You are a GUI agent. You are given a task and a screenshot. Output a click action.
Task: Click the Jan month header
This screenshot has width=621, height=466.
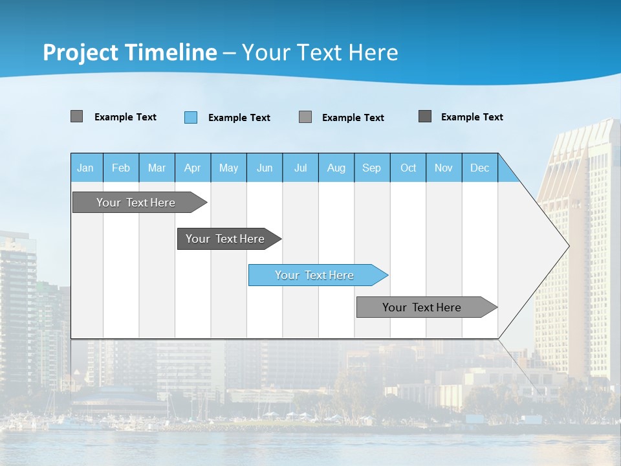click(86, 168)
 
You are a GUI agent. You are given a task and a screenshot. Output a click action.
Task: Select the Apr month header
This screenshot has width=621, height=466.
click(193, 168)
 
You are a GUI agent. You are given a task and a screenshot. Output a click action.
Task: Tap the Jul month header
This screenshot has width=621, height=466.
click(301, 168)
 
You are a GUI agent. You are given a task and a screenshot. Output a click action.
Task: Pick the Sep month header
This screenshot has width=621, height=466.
click(372, 168)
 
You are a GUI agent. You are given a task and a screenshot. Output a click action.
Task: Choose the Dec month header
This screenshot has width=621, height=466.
click(480, 168)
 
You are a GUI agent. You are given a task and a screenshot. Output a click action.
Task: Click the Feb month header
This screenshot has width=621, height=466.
click(121, 168)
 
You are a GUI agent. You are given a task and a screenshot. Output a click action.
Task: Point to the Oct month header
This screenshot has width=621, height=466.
click(408, 168)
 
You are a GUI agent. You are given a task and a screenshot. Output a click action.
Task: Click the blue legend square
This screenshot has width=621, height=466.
click(191, 117)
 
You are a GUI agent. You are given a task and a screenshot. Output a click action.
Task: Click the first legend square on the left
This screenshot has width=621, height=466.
click(77, 116)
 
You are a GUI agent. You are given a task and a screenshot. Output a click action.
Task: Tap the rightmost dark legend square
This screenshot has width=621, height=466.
click(425, 116)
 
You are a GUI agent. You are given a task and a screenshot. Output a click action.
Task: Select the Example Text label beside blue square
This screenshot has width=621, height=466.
click(239, 118)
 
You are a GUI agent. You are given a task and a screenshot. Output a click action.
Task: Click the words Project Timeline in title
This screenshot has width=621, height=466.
click(130, 52)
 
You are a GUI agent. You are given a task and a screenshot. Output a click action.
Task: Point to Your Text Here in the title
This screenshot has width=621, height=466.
click(320, 52)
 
